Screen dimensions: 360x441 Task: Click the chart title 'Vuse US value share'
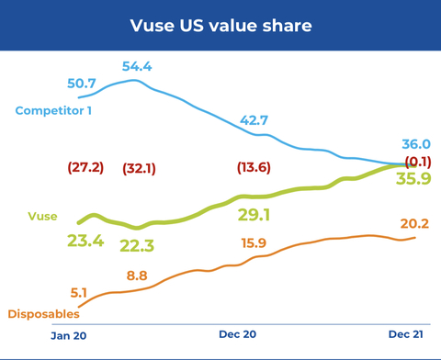tap(220, 25)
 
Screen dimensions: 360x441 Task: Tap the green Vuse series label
tap(42, 217)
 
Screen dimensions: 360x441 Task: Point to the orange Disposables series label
tap(43, 314)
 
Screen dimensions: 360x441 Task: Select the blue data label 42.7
tap(254, 121)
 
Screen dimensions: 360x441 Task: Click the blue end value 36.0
tap(416, 145)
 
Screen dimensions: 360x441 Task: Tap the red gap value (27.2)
tap(85, 168)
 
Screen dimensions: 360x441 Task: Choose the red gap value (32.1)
tap(139, 168)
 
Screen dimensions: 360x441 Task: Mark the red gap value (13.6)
tap(254, 168)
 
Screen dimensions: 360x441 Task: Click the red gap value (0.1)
tap(416, 162)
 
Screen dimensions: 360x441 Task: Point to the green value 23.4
tap(85, 241)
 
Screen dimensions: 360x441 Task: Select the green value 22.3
tap(137, 246)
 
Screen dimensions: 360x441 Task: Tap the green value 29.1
tap(254, 215)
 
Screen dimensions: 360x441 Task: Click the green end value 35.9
tap(413, 179)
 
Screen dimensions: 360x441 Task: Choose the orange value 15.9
tap(254, 243)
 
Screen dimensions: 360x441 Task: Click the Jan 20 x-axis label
tap(68, 336)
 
